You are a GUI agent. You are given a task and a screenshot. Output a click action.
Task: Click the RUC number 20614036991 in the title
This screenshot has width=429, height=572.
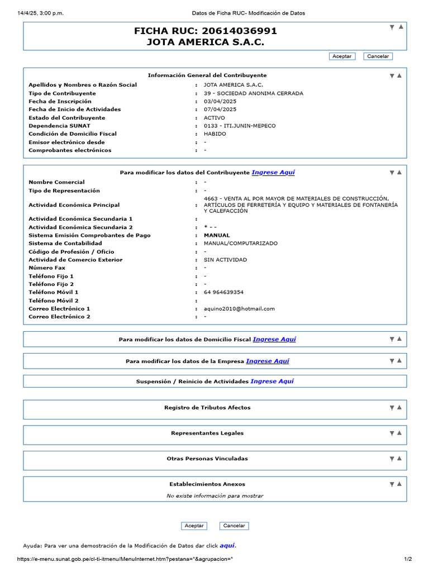coord(239,31)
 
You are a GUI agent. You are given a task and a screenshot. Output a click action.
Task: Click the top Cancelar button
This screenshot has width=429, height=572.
coord(378,56)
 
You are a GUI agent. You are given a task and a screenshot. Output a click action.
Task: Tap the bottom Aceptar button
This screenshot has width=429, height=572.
coord(194,526)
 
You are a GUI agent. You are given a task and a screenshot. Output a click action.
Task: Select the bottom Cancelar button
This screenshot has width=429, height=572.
coord(234,526)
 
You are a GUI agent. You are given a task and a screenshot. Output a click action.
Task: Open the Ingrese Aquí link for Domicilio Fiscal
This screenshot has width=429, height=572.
coord(274,339)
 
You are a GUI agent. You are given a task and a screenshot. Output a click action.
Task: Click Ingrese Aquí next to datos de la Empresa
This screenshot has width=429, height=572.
coord(268,361)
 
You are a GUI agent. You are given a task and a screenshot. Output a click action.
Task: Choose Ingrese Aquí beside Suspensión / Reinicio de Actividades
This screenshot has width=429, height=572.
coord(272,381)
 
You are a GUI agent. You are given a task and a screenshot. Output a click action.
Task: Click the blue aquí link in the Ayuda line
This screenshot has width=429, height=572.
coord(227,545)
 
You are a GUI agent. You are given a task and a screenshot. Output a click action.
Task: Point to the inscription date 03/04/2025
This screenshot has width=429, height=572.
coord(220,101)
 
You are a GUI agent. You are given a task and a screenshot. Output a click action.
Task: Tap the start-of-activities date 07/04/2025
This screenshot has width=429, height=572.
coord(220,109)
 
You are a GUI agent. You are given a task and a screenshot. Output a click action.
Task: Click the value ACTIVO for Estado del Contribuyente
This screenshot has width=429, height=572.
coord(214,118)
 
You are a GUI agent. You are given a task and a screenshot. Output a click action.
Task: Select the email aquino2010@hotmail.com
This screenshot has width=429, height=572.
coord(240,308)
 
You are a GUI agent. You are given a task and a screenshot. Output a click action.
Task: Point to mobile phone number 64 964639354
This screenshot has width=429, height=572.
coord(224,292)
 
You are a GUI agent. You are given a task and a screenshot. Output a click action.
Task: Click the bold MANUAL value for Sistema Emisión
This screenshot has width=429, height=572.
coord(217,235)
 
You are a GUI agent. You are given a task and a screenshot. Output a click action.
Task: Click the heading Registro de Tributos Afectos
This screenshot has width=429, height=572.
coord(207,407)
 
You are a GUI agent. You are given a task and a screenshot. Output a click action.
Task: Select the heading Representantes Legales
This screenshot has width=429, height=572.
coord(207,433)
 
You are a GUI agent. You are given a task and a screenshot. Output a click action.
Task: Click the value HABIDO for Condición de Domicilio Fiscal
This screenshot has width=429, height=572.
coord(215,134)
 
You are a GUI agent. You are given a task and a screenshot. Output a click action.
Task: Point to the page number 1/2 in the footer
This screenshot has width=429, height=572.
coord(408,559)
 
